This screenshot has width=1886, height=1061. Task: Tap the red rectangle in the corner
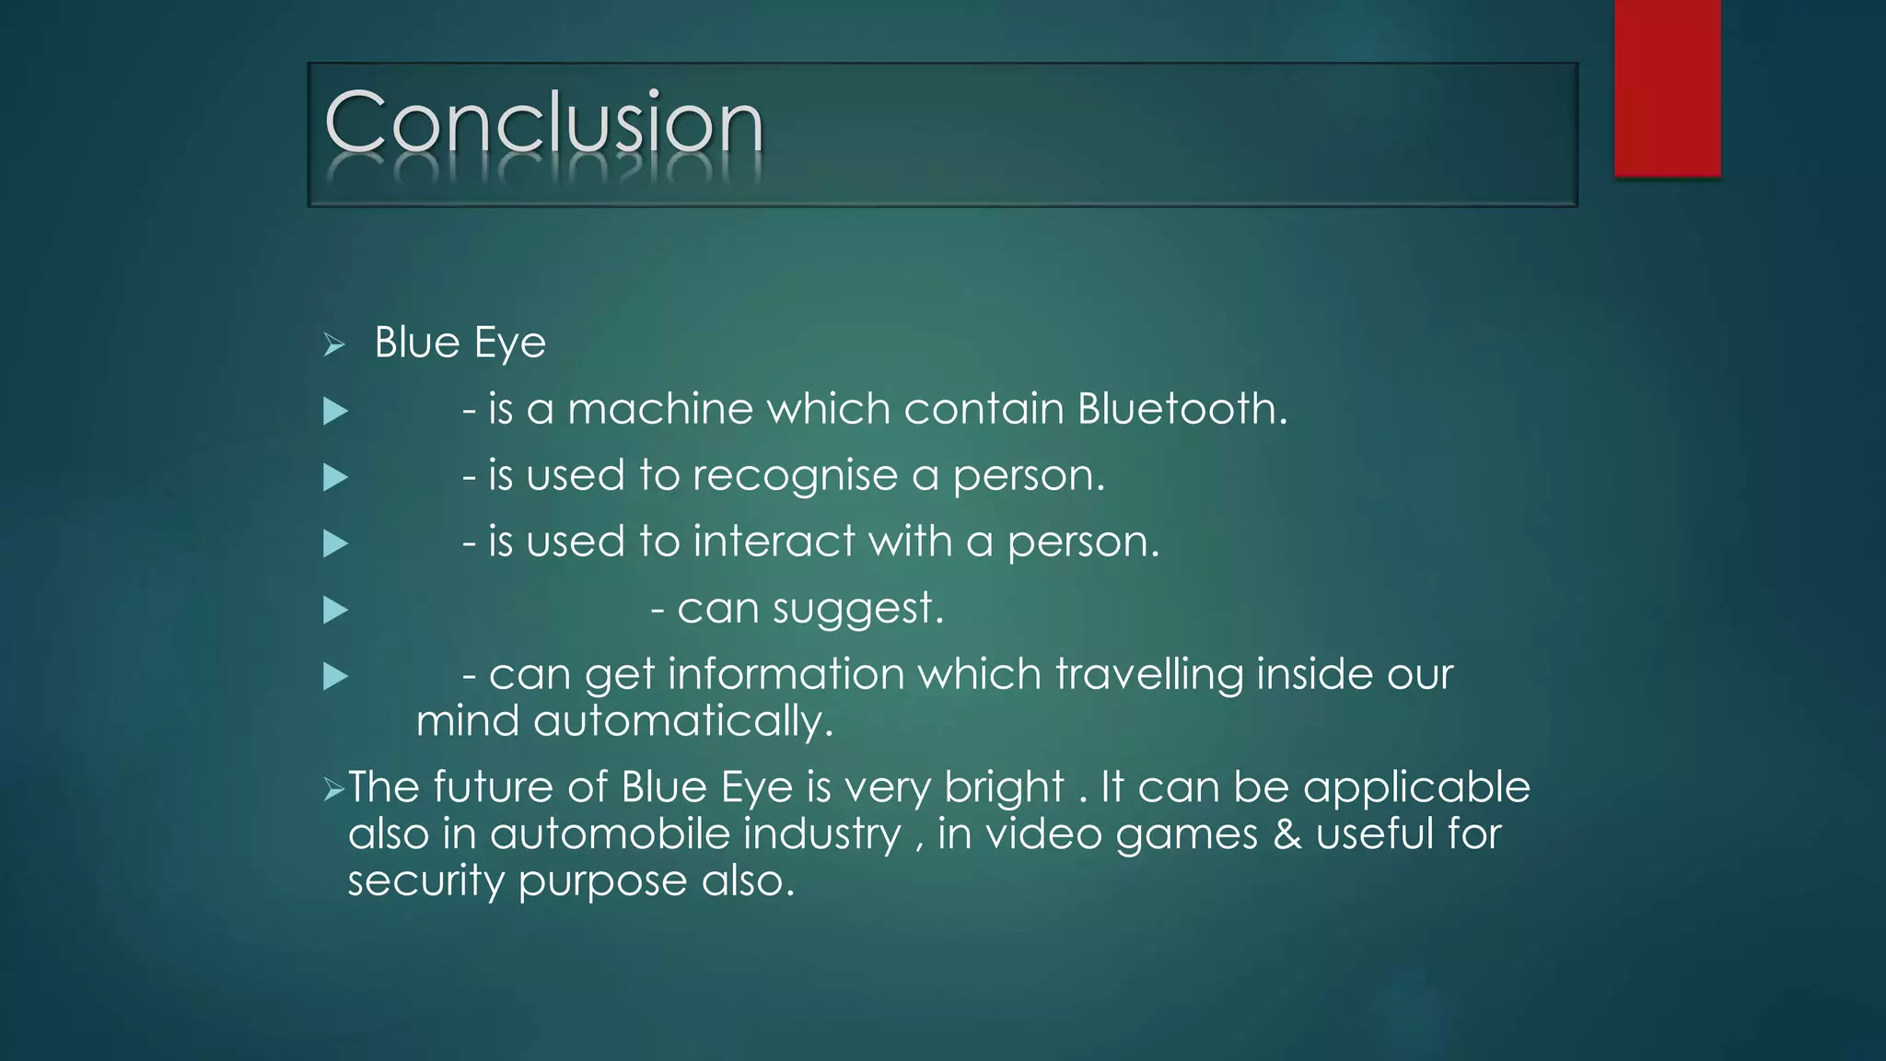pos(1667,87)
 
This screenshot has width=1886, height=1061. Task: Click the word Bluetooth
pos(1182,408)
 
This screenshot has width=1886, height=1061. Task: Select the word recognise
pos(795,476)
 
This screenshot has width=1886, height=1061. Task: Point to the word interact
pos(774,542)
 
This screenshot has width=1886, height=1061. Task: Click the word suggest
pos(857,609)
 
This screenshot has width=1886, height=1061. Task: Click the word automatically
pos(682,721)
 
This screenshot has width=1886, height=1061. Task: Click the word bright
pos(1004,788)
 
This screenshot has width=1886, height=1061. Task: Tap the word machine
pos(660,409)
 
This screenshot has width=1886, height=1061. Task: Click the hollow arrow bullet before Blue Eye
pos(334,345)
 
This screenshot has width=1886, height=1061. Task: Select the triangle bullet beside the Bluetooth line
pos(335,411)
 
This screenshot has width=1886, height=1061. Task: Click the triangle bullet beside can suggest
pos(335,610)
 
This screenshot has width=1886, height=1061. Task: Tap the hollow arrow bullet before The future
pos(333,789)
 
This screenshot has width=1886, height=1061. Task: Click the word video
pos(1043,834)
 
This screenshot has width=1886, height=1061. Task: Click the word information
pos(786,674)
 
